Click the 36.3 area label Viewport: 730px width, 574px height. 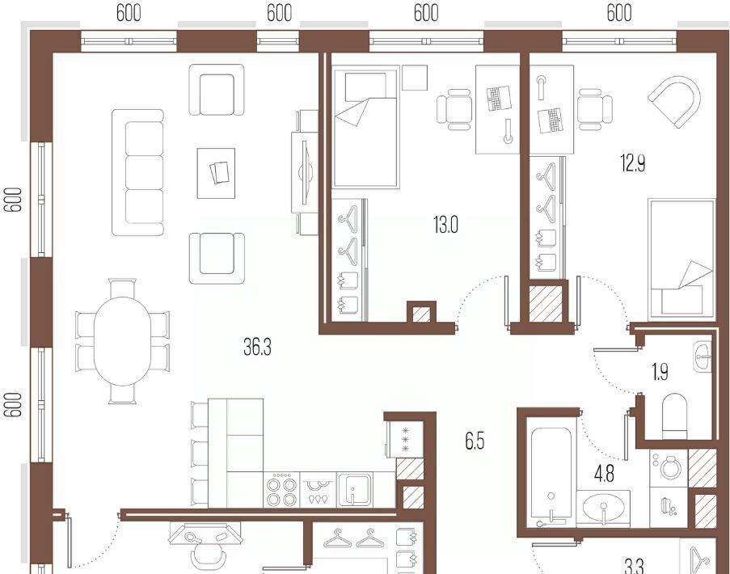pos(257,347)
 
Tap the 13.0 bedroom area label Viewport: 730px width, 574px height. pos(445,226)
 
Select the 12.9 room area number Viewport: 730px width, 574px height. pos(633,163)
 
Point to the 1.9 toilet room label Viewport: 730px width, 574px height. pos(660,372)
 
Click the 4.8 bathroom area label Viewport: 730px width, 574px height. pos(604,474)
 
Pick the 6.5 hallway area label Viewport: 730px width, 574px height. pos(475,441)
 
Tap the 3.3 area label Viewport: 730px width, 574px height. pos(634,566)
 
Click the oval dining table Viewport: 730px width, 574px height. pos(122,341)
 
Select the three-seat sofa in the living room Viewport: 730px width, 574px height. pos(137,173)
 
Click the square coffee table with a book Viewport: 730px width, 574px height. pos(216,173)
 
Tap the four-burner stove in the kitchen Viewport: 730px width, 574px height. pos(281,490)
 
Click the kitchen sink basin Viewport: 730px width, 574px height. pos(355,489)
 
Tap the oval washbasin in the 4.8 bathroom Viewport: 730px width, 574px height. pos(603,507)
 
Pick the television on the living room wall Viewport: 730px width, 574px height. pos(305,172)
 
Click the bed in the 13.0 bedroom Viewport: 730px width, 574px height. pos(366,127)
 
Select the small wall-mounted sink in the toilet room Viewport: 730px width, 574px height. pos(703,357)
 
